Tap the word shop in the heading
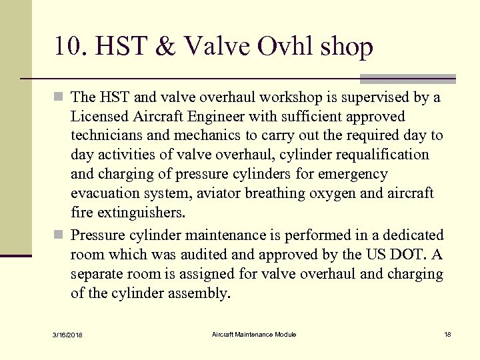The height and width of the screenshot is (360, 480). pos(347,47)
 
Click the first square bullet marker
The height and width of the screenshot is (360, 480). pos(59,98)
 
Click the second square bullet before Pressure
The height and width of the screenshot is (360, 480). pos(59,235)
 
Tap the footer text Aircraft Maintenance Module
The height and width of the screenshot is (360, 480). pos(254,334)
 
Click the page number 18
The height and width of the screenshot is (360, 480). pos(447,334)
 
